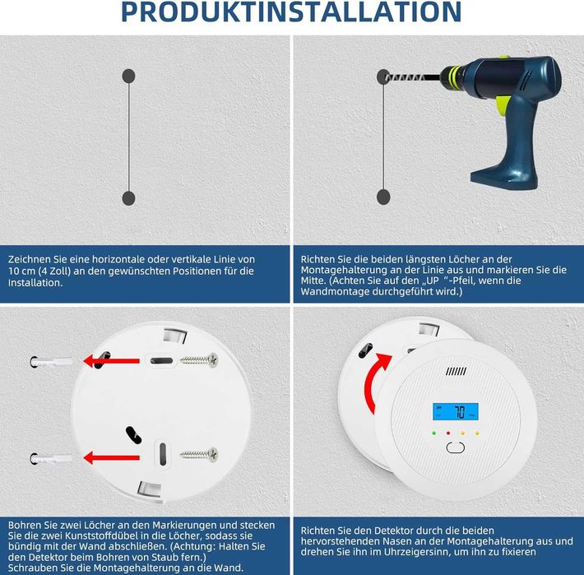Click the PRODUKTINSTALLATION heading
(291, 12)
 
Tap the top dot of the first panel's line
(128, 76)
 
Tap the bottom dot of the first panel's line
(128, 198)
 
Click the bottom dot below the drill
(383, 197)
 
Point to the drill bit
(412, 77)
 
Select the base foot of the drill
(505, 179)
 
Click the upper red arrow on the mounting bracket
(111, 360)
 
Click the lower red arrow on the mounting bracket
(111, 457)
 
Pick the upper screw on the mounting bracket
(199, 359)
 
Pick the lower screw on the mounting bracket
(199, 454)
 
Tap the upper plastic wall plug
(51, 362)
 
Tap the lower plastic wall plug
(51, 459)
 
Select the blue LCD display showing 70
(455, 411)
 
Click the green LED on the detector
(434, 434)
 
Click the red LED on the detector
(448, 434)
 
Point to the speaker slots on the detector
(456, 371)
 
